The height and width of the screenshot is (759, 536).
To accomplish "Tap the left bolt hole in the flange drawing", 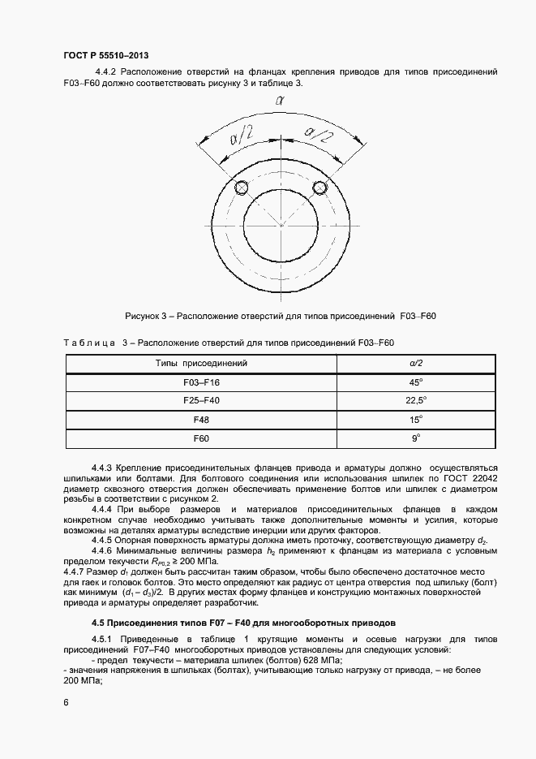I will tap(241, 188).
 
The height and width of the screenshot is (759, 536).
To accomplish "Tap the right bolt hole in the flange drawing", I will tap(319, 188).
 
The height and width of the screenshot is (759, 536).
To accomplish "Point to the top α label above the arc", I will tap(278, 101).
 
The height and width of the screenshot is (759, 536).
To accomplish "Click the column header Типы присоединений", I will tap(201, 363).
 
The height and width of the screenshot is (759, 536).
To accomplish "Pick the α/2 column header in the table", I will tap(416, 363).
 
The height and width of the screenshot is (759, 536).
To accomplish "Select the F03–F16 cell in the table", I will tap(201, 382).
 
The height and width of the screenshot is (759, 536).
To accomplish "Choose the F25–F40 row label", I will tap(201, 401).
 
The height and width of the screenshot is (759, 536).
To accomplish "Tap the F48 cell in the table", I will tap(201, 420).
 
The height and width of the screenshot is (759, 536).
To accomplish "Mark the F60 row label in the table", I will tap(201, 439).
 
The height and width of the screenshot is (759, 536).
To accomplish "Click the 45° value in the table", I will tap(416, 382).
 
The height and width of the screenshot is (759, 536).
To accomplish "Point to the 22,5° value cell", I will tap(416, 401).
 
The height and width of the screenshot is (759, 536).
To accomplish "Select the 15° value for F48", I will tap(416, 420).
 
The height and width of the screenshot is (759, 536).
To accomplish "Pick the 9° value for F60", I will tap(416, 439).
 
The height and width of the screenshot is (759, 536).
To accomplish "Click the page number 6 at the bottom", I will tap(66, 701).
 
